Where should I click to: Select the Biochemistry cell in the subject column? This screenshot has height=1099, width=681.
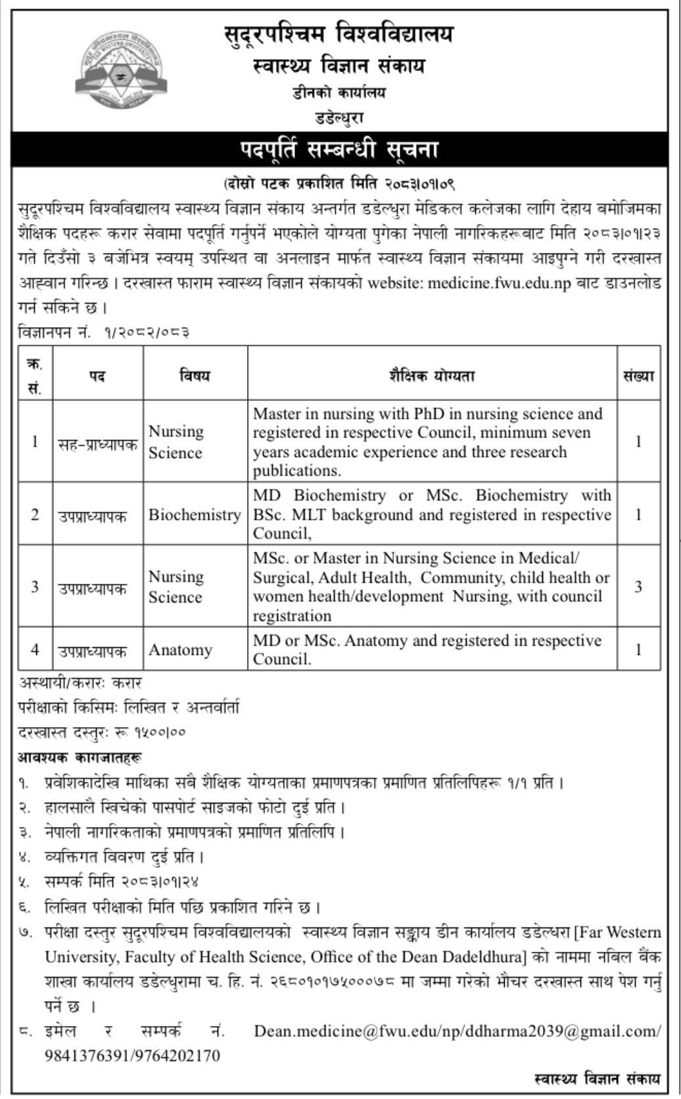(195, 514)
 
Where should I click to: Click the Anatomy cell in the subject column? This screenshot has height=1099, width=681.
(180, 650)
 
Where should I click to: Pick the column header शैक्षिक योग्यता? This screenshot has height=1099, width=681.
(432, 376)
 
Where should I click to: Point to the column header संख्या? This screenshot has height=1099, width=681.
(638, 376)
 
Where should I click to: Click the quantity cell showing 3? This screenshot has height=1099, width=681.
(638, 586)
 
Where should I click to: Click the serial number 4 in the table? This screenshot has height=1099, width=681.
(35, 649)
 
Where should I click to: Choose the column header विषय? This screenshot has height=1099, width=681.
(195, 376)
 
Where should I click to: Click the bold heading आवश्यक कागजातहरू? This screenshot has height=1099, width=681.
(80, 758)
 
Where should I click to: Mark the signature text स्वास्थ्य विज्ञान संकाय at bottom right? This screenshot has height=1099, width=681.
(598, 1079)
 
